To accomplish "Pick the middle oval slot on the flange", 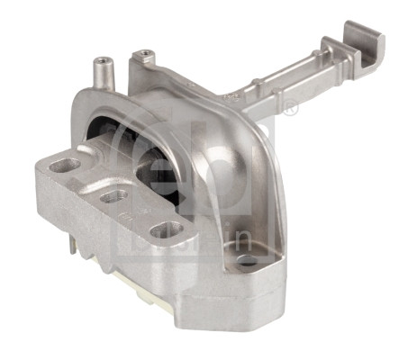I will (112, 195).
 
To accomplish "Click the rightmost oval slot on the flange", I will (164, 229).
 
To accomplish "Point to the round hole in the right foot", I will (249, 260).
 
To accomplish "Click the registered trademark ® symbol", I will (290, 110).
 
